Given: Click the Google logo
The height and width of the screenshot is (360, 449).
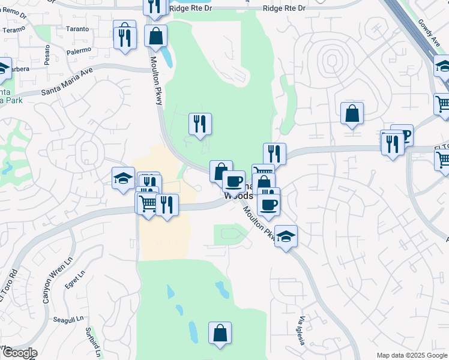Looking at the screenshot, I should (x=19, y=353).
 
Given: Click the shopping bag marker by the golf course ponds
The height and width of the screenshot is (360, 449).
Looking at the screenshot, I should (x=220, y=332).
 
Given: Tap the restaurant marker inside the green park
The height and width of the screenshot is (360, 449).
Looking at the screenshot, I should (x=200, y=124).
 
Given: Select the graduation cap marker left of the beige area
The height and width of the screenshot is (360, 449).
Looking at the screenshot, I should (x=123, y=178).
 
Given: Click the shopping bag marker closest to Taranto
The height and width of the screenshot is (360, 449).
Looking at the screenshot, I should (x=155, y=36).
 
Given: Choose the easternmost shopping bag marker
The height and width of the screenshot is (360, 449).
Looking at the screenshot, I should (x=351, y=113).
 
